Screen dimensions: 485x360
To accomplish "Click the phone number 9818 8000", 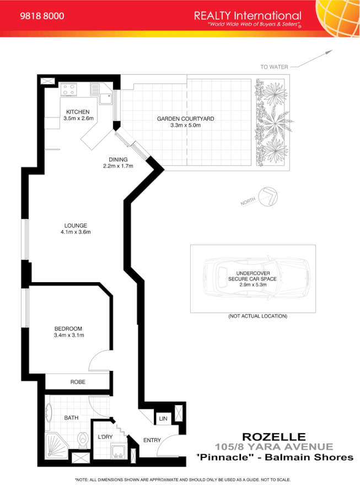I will [x=42, y=16].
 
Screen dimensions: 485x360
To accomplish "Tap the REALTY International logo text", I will [x=248, y=16].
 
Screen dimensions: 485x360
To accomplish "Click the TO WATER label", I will [x=275, y=67].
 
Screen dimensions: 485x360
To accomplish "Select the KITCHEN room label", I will [x=77, y=112].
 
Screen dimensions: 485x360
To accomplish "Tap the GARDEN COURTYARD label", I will [x=185, y=118].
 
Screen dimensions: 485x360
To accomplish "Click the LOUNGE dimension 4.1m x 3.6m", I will [x=76, y=232].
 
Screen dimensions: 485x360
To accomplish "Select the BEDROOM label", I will [x=68, y=328].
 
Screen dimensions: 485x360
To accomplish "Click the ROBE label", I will [x=77, y=382].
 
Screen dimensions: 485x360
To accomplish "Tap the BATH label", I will [x=71, y=418].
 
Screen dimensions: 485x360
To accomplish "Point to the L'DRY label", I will [x=105, y=436].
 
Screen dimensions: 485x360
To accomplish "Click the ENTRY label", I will [x=152, y=440].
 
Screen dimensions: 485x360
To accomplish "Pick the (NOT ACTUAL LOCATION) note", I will [x=257, y=316].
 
